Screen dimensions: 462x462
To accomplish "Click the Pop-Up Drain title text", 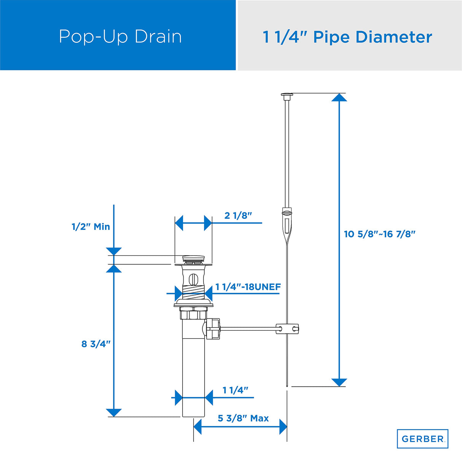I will coord(120,37).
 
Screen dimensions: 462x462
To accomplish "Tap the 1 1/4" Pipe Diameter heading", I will coord(347,37).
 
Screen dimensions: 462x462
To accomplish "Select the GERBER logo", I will coord(422,439).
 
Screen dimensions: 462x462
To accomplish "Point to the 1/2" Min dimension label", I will coord(91,227).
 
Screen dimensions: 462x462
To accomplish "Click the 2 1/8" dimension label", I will coord(238,216).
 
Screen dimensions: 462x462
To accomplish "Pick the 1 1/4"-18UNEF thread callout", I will coord(248,287).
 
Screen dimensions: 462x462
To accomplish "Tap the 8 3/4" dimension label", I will coord(96,344).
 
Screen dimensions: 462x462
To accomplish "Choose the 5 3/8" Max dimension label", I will coord(243,418).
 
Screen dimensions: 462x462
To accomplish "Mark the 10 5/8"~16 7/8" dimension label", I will coord(379,234).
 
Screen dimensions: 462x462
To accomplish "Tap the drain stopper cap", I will coord(193,259).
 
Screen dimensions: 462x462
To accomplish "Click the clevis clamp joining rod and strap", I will coord(287,328).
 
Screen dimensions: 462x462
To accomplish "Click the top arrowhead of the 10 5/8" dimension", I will coord(339,97).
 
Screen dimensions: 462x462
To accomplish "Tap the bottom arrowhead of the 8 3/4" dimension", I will coord(114,413).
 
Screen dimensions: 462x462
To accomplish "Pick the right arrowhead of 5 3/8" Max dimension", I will coord(283,427).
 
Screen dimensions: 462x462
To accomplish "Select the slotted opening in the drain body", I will coord(193,279).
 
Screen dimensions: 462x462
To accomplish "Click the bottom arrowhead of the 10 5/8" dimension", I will coord(339,382).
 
